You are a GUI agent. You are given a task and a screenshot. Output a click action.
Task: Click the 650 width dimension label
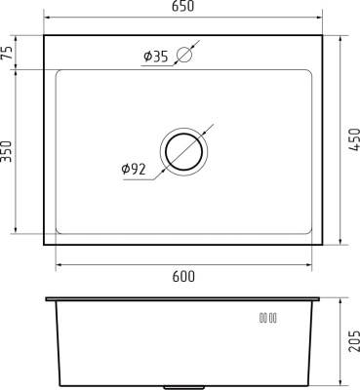pos(183,8)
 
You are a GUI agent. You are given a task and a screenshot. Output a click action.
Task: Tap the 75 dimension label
pos(9,53)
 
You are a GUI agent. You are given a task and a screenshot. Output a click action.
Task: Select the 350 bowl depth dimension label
pos(9,152)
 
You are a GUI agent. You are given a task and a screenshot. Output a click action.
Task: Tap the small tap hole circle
pos(183,56)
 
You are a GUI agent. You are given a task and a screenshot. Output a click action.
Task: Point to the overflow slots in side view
pos(268,318)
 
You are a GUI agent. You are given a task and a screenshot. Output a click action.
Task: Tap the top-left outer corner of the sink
pos(45,34)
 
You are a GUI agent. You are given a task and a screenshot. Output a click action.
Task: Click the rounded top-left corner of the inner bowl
pos(60,73)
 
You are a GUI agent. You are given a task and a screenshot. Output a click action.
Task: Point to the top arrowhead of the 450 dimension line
pos(340,38)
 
